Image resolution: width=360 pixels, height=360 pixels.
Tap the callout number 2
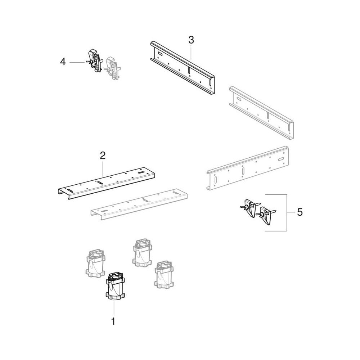pos(103,156)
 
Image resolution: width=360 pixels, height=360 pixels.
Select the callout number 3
pos(191,40)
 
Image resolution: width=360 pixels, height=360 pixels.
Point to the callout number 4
pos(63,62)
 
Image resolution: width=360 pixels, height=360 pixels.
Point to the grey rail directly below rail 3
pos(261,113)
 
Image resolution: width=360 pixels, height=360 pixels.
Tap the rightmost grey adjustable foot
pos(164,274)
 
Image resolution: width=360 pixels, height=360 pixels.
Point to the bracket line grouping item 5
pos(287,212)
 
